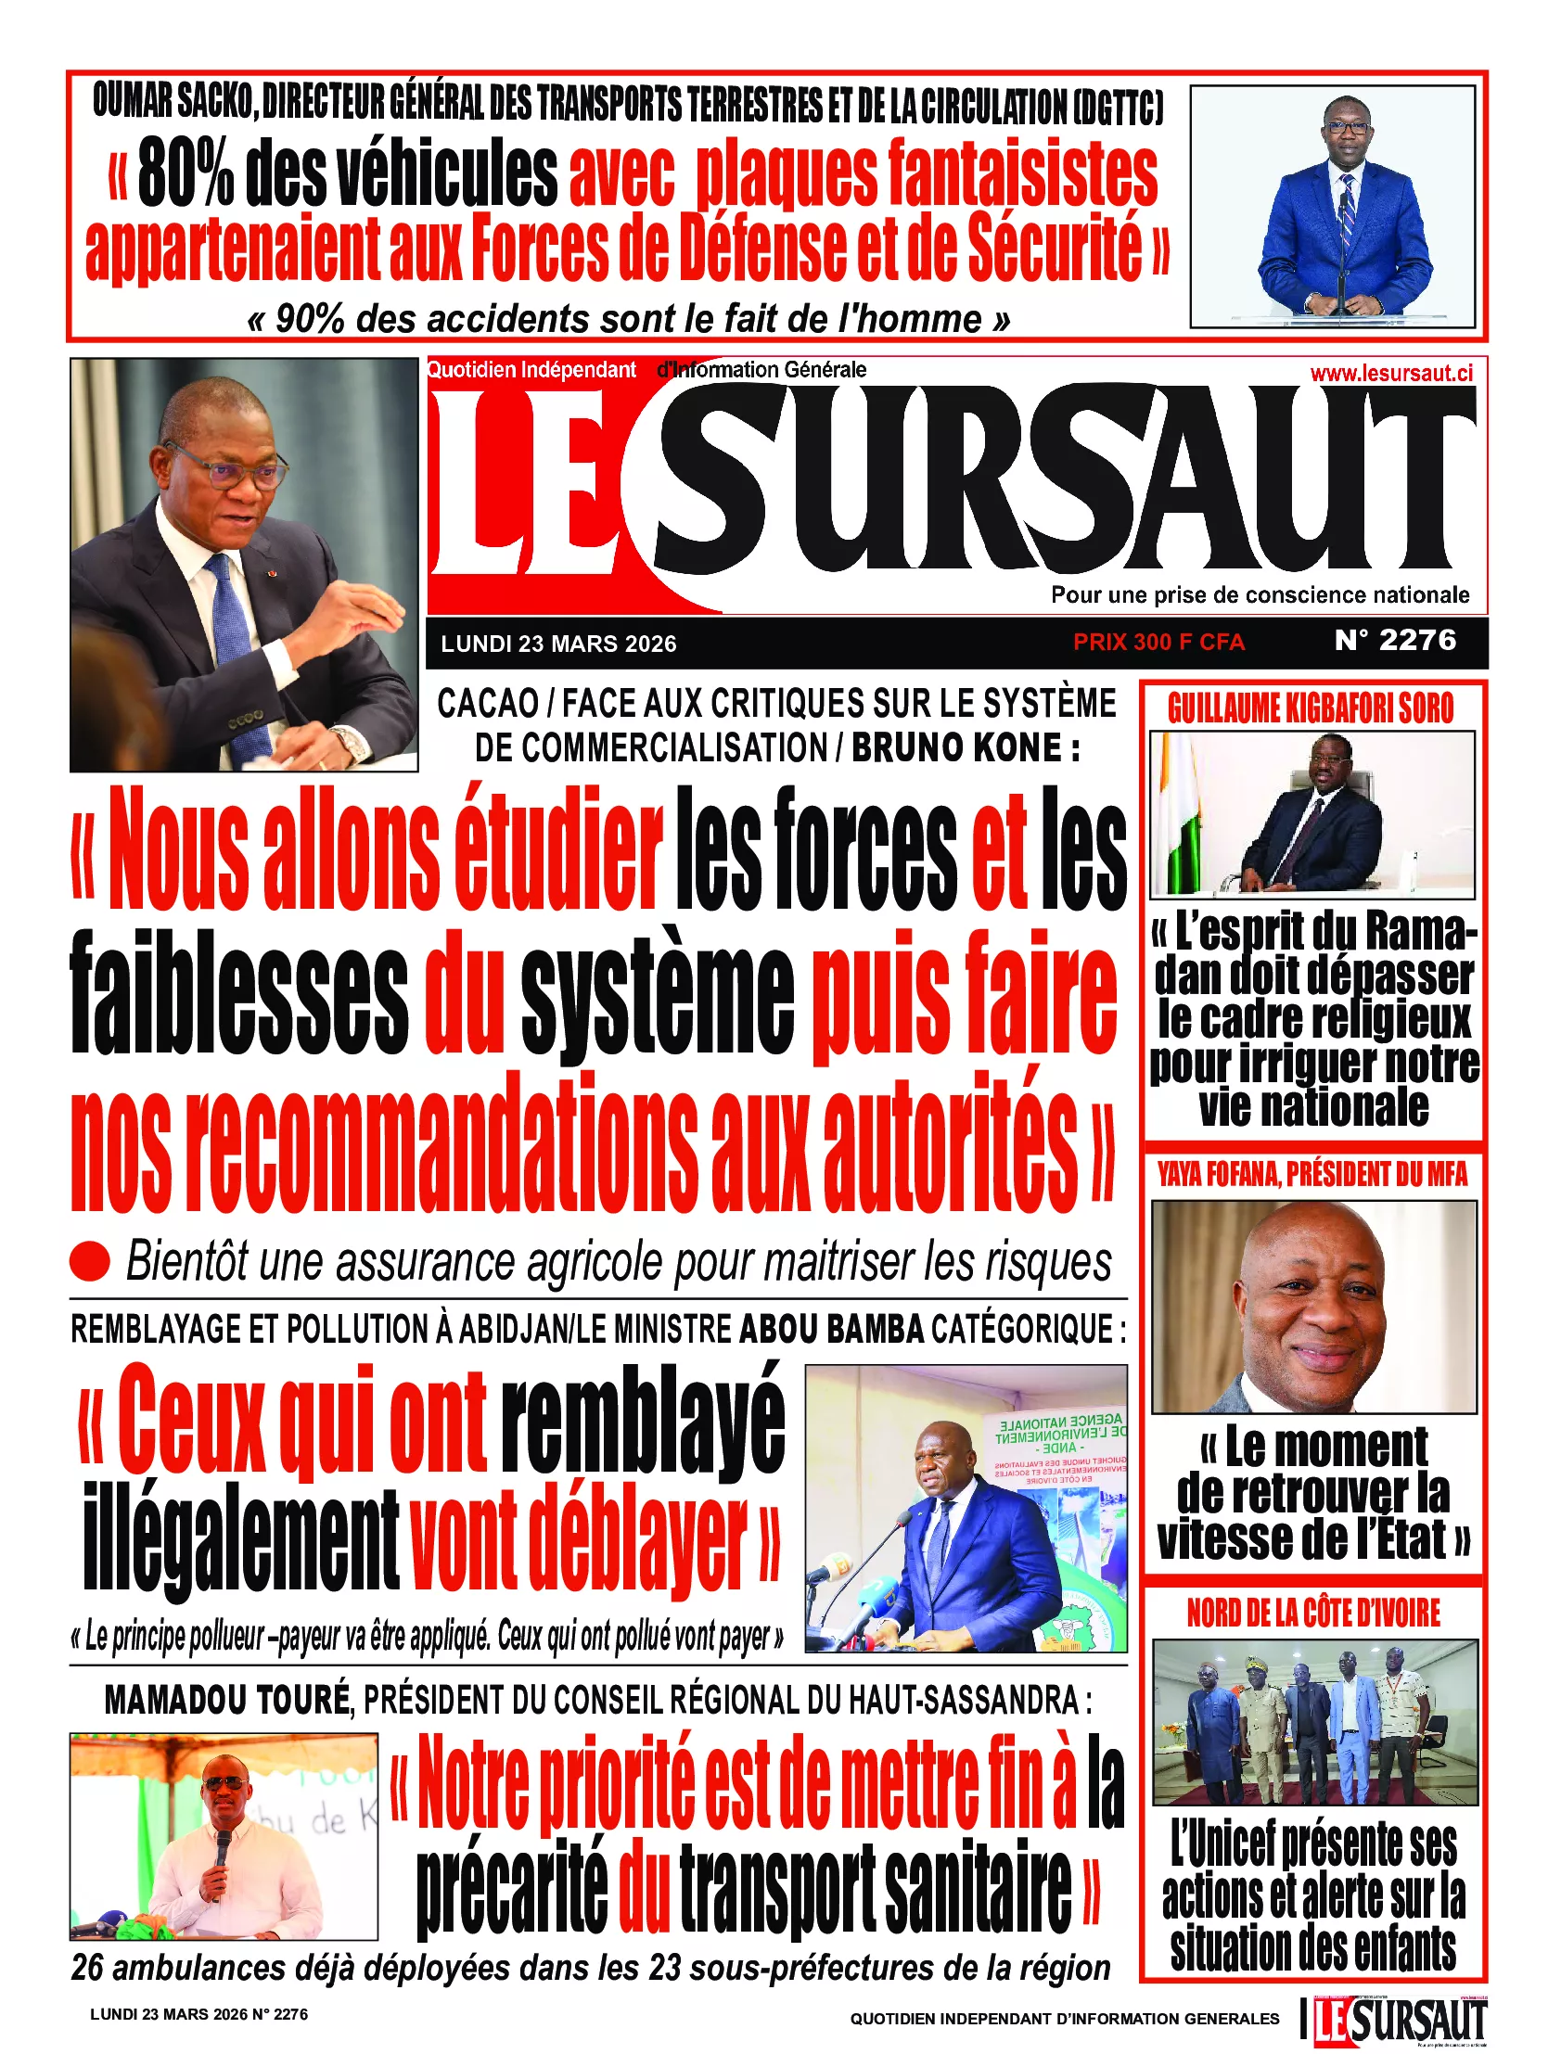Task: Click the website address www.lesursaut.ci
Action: click(1391, 374)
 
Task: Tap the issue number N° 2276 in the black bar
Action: click(1395, 640)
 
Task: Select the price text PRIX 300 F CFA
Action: click(1158, 642)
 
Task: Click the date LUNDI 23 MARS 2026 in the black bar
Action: click(558, 644)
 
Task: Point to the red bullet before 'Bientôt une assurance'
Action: click(90, 1261)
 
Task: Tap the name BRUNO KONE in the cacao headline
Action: click(956, 748)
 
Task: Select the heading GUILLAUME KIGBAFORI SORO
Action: click(1311, 708)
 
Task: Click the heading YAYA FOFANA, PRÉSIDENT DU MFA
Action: click(1312, 1175)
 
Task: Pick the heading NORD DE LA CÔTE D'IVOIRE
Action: click(1313, 1614)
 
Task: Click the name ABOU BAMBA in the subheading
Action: click(832, 1330)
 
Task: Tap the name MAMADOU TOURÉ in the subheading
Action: click(227, 1700)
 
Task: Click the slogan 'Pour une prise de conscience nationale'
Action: click(1260, 595)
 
